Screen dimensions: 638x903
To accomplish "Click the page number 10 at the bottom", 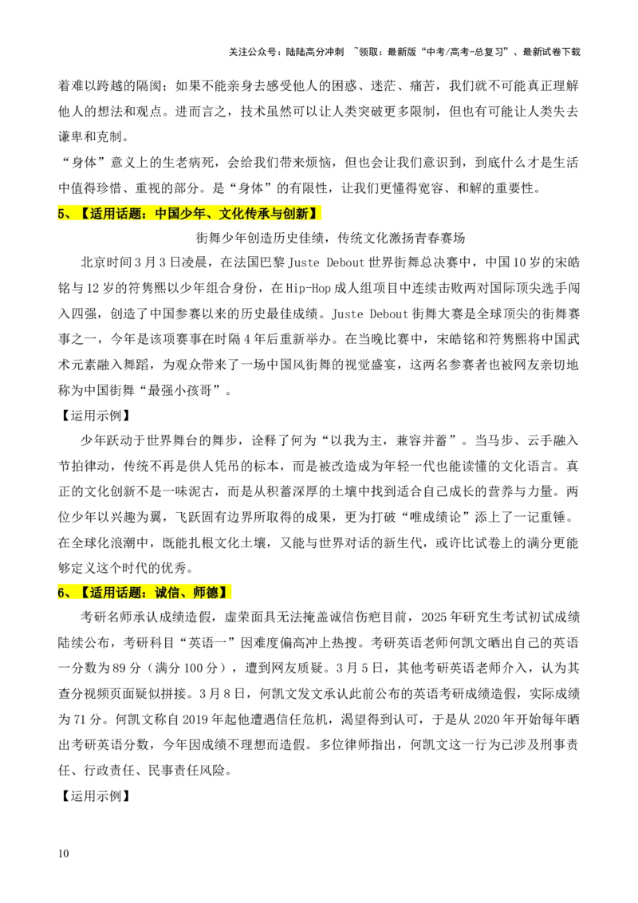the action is [x=63, y=853].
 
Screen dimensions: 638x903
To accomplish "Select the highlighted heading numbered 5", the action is [x=189, y=214].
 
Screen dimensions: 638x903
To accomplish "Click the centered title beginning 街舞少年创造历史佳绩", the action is [x=330, y=238].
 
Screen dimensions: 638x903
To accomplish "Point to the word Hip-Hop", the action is [x=308, y=288].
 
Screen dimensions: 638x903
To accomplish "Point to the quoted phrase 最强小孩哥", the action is [x=185, y=390].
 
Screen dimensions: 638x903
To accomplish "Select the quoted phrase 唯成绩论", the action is [x=434, y=517].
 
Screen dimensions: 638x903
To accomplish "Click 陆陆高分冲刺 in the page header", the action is [x=314, y=52].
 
